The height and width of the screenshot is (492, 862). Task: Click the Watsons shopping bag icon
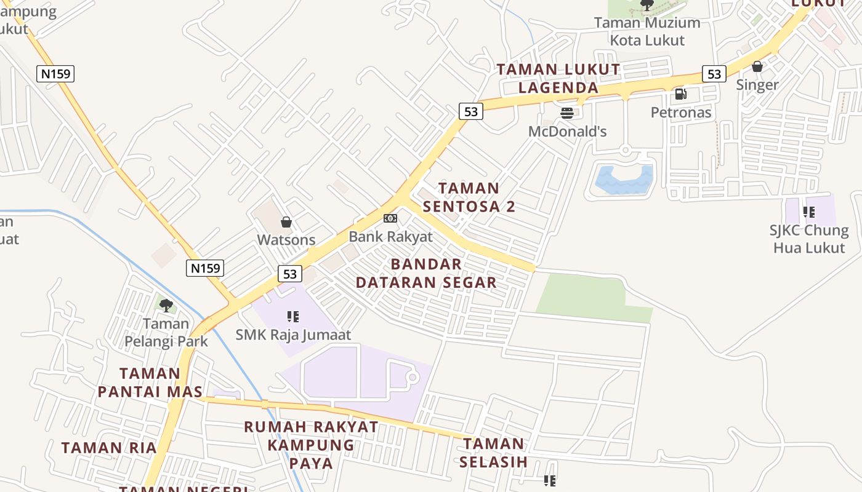pyautogui.click(x=286, y=222)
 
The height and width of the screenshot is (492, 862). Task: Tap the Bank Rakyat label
pyautogui.click(x=390, y=236)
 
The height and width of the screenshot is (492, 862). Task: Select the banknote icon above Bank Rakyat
pyautogui.click(x=390, y=218)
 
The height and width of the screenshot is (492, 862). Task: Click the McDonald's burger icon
pyautogui.click(x=567, y=113)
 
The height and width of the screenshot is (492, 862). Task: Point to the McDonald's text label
pyautogui.click(x=567, y=131)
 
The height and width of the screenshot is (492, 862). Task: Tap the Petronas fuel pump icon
pyautogui.click(x=681, y=94)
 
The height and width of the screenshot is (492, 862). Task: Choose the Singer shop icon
pyautogui.click(x=757, y=66)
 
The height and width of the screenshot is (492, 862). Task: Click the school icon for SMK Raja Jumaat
pyautogui.click(x=293, y=317)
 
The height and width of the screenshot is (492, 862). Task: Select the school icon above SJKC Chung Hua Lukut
pyautogui.click(x=809, y=212)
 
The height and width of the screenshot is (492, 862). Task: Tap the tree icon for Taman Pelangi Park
pyautogui.click(x=166, y=305)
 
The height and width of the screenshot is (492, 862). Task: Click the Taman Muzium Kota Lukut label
pyautogui.click(x=647, y=31)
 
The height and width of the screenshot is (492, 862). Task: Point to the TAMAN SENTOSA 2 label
pyautogui.click(x=469, y=197)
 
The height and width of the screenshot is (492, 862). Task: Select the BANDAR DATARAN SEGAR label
pyautogui.click(x=426, y=273)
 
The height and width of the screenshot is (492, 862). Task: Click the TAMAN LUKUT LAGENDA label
pyautogui.click(x=558, y=78)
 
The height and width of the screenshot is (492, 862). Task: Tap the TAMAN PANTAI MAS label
pyautogui.click(x=150, y=382)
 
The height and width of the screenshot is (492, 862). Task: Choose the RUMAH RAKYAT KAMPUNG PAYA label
pyautogui.click(x=311, y=444)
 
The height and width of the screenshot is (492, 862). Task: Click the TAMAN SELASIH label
pyautogui.click(x=493, y=452)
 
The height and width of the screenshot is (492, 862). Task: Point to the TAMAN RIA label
pyautogui.click(x=109, y=448)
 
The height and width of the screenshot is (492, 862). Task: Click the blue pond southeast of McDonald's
pyautogui.click(x=623, y=179)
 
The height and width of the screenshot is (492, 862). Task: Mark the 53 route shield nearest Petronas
pyautogui.click(x=714, y=74)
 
